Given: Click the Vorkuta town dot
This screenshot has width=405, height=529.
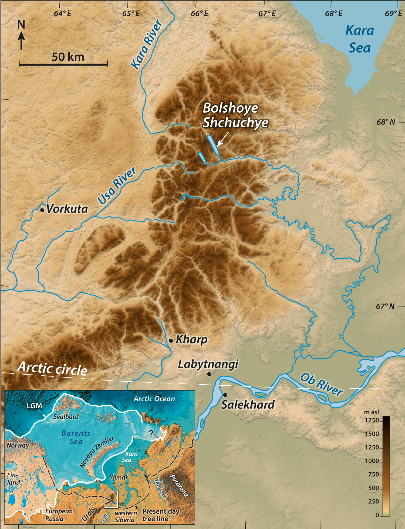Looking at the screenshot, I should coord(42,210).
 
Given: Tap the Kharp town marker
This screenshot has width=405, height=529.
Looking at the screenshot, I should coord(171,341).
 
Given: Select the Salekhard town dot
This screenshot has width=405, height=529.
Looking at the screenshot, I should coord(225,395).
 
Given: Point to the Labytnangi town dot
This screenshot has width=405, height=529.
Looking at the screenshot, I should coord(209,374).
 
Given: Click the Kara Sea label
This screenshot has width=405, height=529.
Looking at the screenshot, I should coord(360,39).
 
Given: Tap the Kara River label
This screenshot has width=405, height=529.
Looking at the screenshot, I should coord(147,44).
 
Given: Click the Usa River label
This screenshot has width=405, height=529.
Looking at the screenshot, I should coord(117,186).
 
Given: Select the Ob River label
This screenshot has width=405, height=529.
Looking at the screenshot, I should coord(321,384).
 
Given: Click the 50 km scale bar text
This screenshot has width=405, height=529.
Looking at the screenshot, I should coord(68,57).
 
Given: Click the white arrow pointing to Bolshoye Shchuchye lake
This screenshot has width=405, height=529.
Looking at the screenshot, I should coord(223,139).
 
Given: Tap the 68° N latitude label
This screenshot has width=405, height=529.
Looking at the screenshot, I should coord(386,122).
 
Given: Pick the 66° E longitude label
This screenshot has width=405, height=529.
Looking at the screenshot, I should coord(199,13).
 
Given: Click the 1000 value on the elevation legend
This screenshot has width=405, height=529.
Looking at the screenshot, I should coord(372,461).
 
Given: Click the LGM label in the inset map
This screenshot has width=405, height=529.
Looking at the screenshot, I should coord(34,406).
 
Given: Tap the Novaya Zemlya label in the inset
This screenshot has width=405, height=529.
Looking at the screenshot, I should coord(96,452).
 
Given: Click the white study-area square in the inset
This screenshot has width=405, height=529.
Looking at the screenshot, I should coord(111,499).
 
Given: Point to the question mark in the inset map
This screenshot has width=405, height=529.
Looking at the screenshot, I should coord(151,433).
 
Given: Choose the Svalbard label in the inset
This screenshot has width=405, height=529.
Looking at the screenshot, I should coord(66,417).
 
